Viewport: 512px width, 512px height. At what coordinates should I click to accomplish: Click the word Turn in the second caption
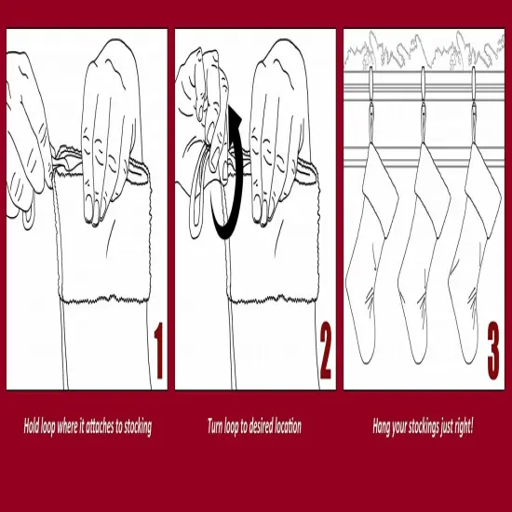[x=216, y=427]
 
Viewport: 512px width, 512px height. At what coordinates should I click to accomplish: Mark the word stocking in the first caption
[x=136, y=427]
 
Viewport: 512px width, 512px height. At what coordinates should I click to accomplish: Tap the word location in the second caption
[x=289, y=427]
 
